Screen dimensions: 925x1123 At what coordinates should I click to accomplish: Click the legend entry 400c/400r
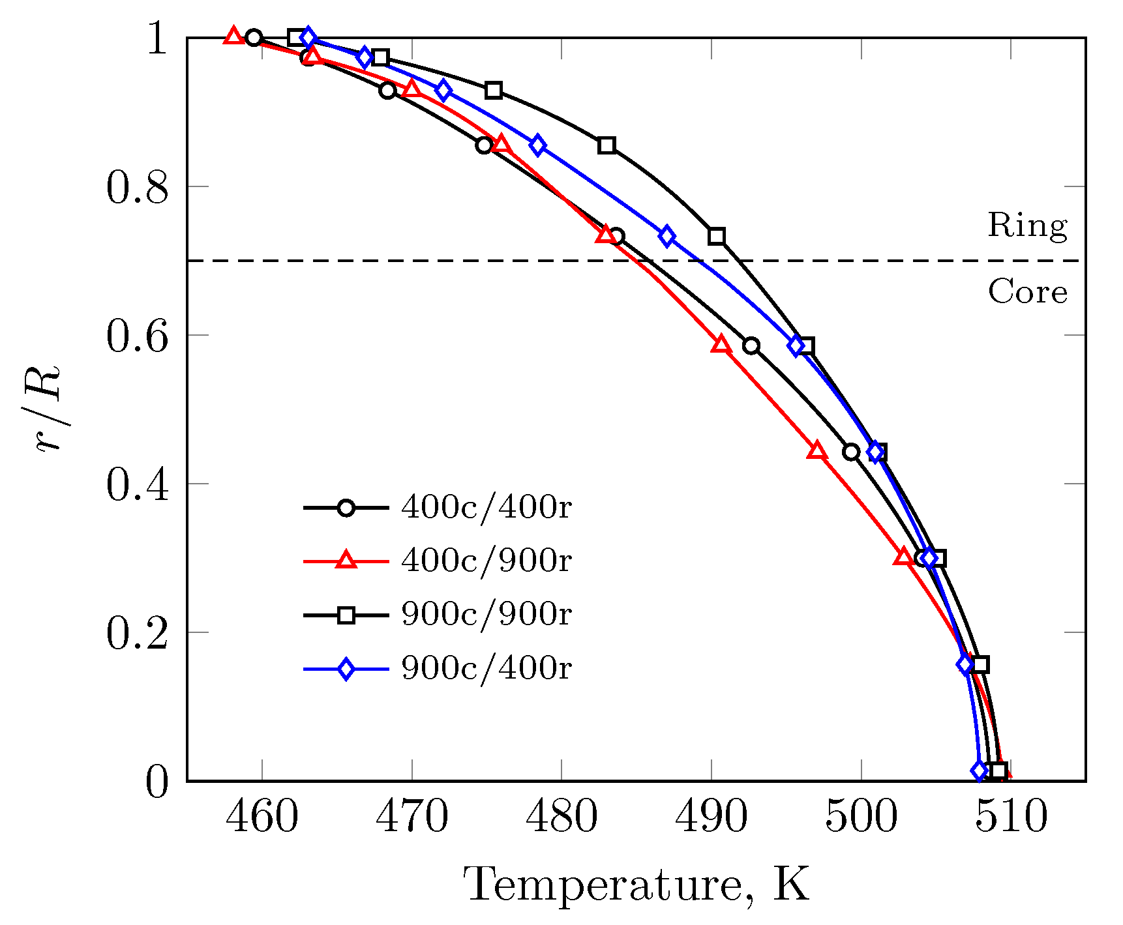point(486,507)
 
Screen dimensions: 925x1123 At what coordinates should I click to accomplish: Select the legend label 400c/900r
point(486,561)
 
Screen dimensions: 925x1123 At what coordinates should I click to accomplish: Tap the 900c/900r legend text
point(486,614)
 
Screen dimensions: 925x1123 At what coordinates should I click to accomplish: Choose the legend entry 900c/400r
point(486,668)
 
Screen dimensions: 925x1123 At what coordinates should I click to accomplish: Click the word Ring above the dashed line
point(1027,226)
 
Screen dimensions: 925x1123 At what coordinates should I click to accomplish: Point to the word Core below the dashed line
point(1027,292)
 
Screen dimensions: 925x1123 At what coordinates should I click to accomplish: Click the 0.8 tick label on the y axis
point(137,188)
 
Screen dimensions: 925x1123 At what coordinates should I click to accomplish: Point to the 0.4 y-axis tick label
point(137,485)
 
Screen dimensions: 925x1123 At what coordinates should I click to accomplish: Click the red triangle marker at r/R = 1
point(233,37)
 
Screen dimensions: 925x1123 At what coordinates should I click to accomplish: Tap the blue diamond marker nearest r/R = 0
point(979,771)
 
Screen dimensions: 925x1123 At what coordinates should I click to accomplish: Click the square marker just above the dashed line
point(717,236)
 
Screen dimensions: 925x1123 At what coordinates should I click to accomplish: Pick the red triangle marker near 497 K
point(817,450)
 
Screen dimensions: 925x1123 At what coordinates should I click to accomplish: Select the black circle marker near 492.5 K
point(751,345)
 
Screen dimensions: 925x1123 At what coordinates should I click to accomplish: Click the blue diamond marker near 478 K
point(537,145)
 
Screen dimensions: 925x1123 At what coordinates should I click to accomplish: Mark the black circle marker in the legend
point(346,508)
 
